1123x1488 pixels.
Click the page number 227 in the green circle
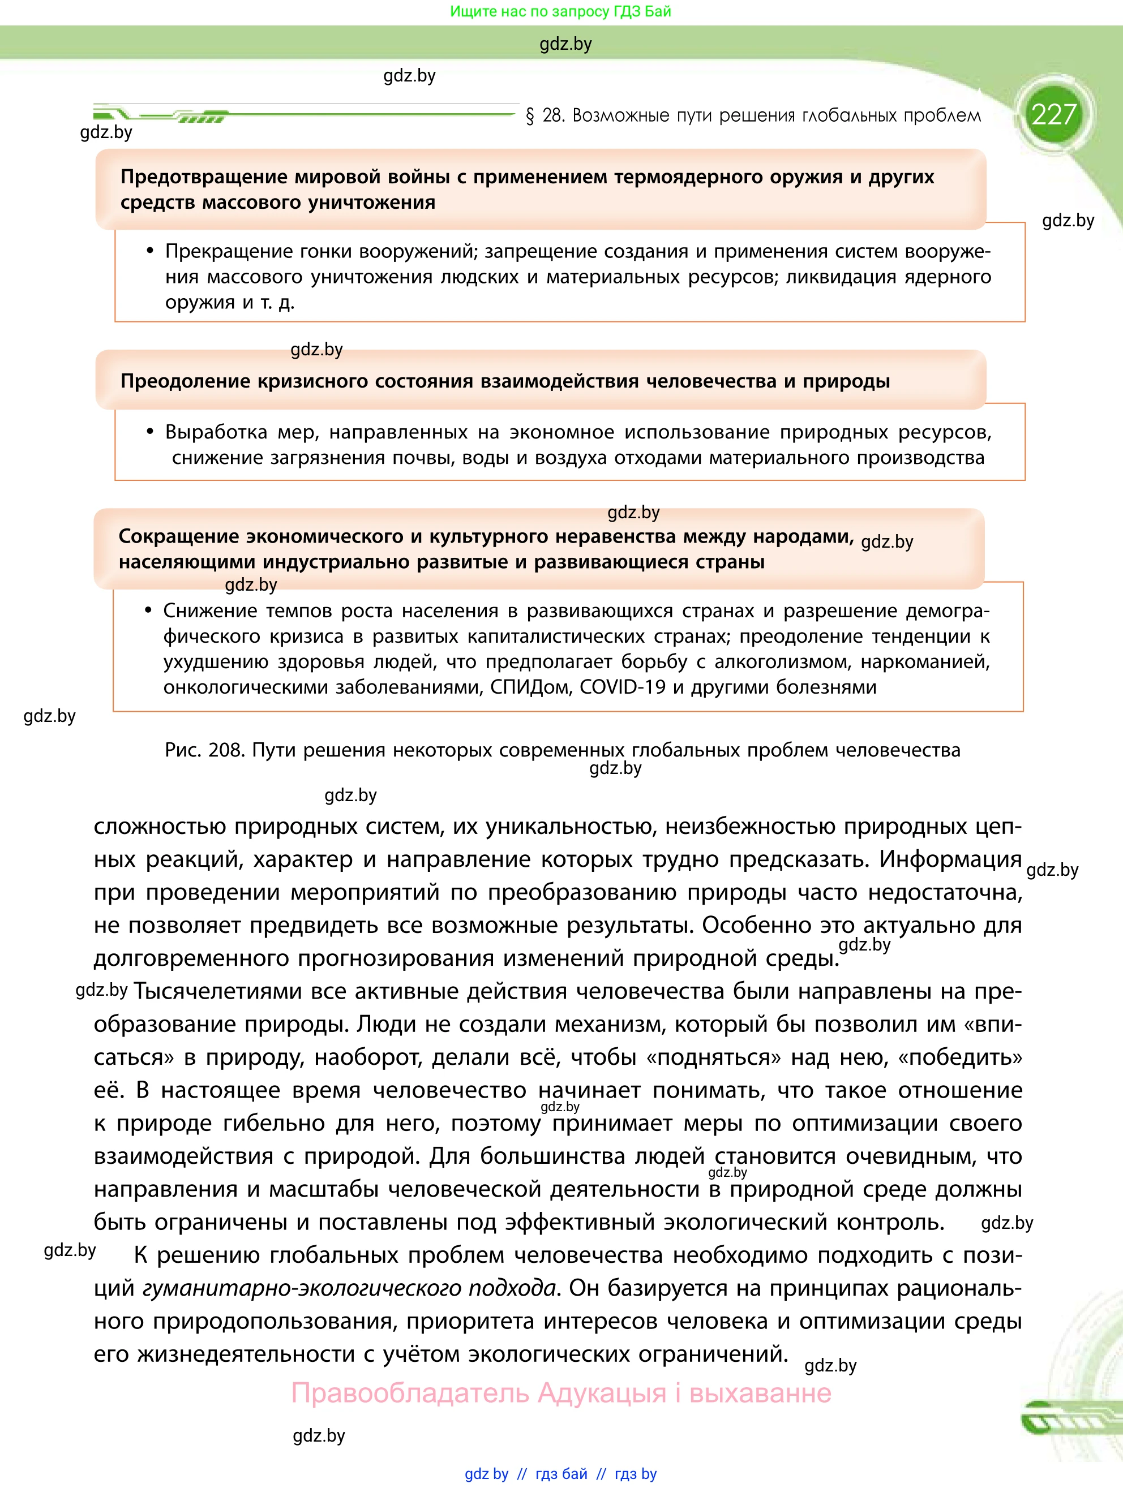1054,114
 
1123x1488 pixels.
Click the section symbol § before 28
530,116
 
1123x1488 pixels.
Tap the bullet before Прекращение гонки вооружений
150,252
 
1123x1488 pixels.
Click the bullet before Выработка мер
150,432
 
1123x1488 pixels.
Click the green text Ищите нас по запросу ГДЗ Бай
560,11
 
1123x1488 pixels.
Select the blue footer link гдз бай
561,1474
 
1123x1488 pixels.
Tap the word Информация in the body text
950,859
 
